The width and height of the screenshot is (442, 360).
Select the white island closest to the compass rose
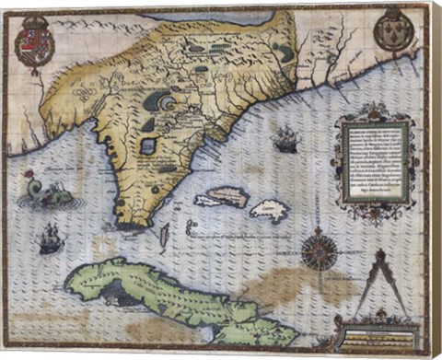pos(270,211)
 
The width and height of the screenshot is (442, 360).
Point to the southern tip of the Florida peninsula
pos(134,222)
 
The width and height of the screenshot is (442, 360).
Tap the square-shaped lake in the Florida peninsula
pos(147,145)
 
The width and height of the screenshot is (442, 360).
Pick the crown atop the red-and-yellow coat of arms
pos(35,17)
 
